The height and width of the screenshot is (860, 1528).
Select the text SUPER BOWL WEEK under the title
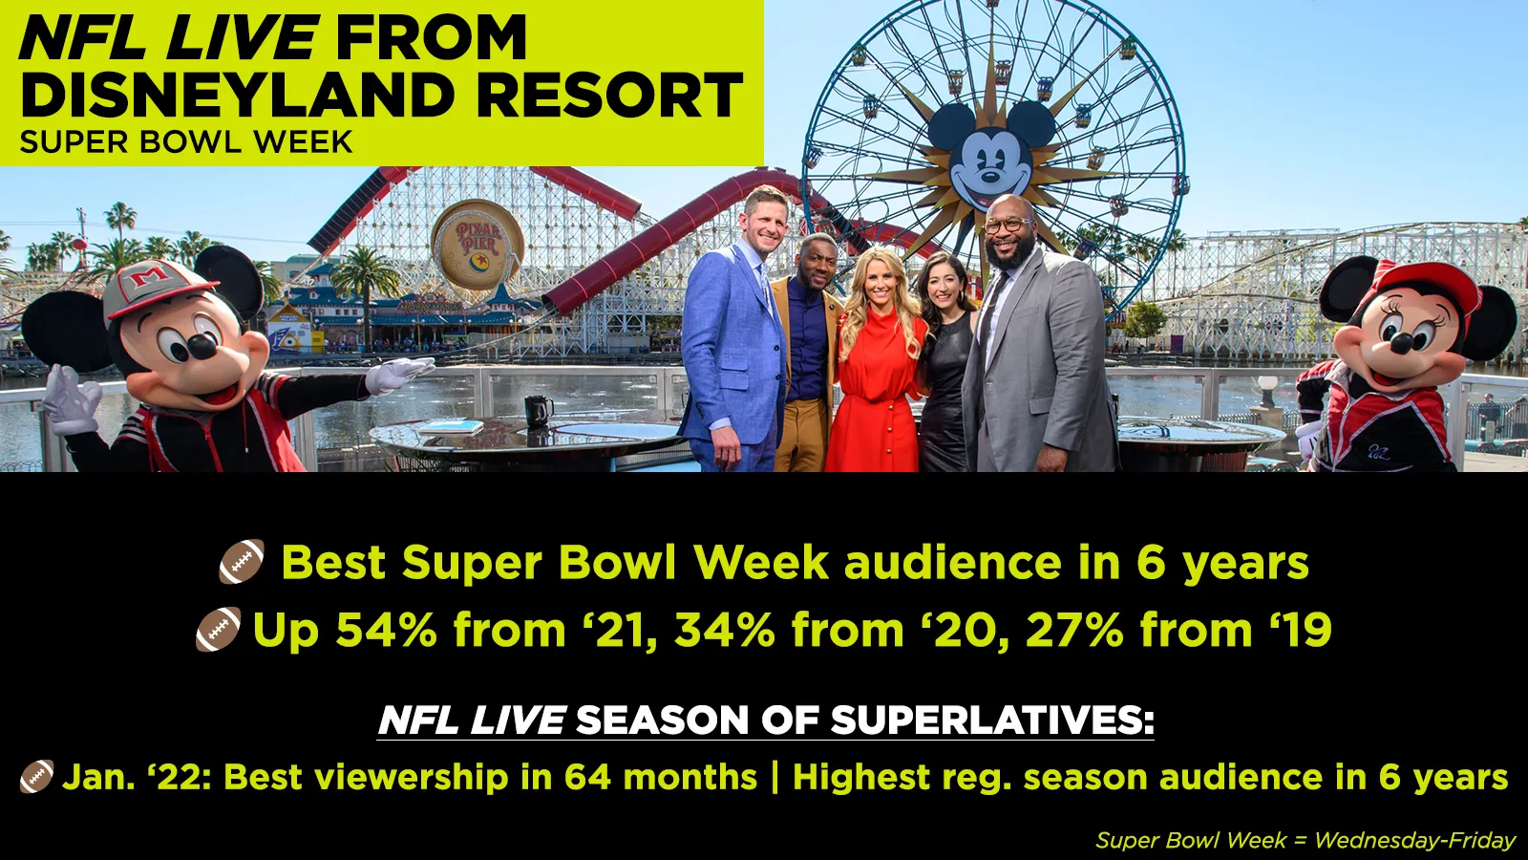pos(186,142)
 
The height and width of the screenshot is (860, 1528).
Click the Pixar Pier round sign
pos(477,244)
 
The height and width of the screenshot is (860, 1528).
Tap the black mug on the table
pos(539,411)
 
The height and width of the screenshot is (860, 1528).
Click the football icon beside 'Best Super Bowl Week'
pos(242,562)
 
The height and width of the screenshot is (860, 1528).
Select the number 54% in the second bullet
pos(386,629)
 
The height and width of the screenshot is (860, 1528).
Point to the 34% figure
pos(725,629)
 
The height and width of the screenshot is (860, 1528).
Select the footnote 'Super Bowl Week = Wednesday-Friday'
pos(1305,840)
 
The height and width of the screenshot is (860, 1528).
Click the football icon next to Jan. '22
pos(37,777)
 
